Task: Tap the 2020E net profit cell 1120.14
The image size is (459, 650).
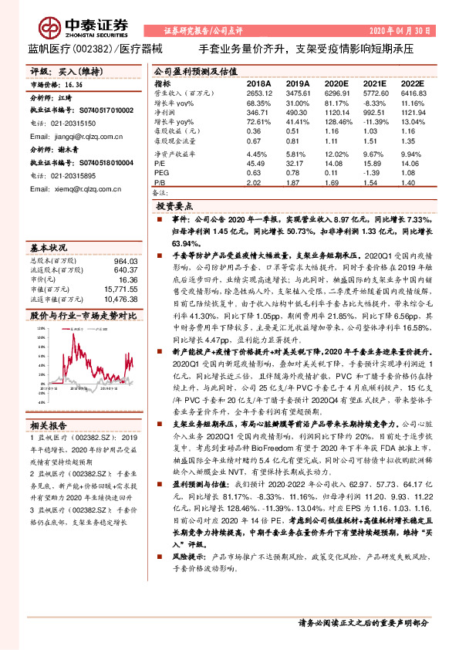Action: pos(337,111)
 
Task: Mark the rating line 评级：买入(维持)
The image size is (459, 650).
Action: pos(59,69)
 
